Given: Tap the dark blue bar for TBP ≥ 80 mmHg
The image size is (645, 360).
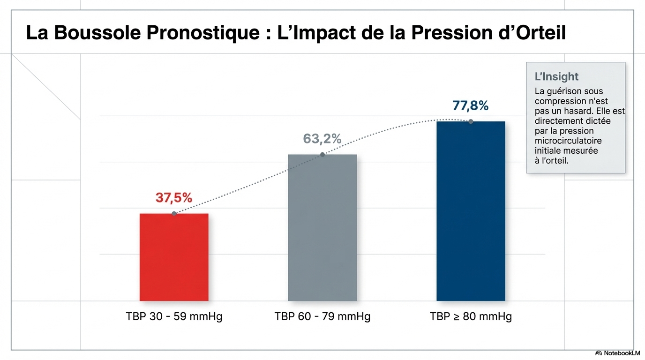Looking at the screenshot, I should click(x=471, y=211).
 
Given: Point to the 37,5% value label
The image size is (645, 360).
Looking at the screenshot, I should click(x=174, y=198).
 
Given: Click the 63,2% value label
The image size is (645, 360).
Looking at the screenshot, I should click(x=322, y=139).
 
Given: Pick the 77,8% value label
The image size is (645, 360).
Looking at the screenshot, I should click(x=471, y=105).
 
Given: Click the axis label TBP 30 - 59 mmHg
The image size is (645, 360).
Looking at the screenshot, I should click(x=174, y=316).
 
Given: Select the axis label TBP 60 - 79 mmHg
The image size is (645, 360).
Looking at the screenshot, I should click(x=322, y=316).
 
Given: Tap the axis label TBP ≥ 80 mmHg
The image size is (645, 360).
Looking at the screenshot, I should click(x=471, y=316).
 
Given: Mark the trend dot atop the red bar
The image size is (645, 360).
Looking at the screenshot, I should click(x=174, y=213).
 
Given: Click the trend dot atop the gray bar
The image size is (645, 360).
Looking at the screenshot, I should click(x=322, y=154).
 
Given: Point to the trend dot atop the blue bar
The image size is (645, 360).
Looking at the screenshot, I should click(x=471, y=121).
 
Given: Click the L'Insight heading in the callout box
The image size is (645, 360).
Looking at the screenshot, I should click(x=556, y=77).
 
